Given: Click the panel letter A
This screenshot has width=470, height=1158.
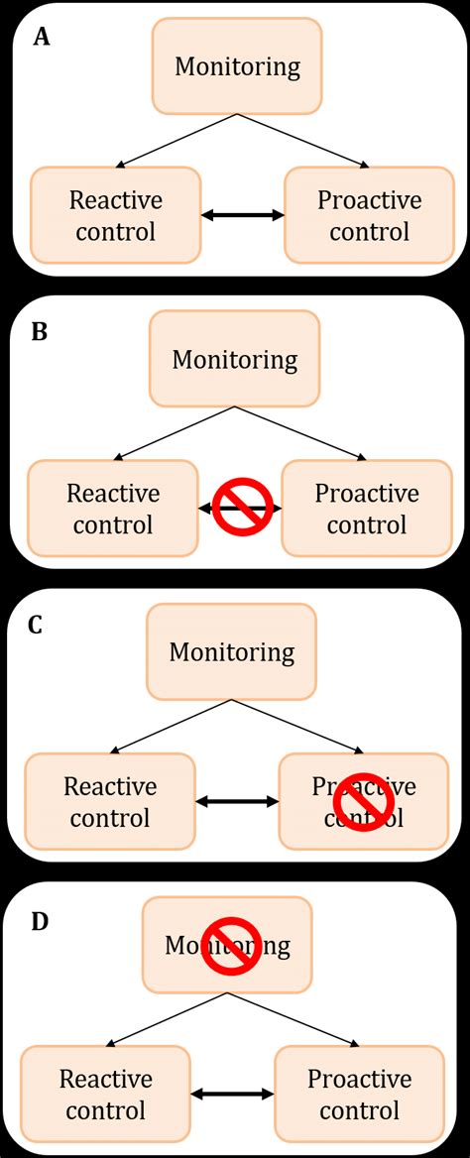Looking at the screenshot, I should point(42,39).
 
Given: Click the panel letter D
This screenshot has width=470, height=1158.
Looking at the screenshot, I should point(40,921).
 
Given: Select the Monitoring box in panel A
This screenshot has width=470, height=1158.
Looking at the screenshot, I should point(237,66).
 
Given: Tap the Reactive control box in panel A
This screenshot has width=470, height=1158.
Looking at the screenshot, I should point(114,215).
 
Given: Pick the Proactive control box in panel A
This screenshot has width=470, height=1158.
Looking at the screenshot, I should point(369,215).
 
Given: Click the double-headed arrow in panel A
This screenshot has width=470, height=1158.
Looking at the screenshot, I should point(243,214).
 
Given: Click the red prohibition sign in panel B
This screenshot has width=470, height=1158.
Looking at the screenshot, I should point(243,507).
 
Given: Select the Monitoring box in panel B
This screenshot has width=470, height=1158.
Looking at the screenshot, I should point(235,359).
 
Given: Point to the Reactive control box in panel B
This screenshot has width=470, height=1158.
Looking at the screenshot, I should point(111,508).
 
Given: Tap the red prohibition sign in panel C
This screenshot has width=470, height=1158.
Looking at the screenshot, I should point(364,800).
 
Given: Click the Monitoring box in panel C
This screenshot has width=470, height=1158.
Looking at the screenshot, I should point(232,652).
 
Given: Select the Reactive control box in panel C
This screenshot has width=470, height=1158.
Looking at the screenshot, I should point(109,801).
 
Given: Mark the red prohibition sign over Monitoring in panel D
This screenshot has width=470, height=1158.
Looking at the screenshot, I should point(231,945).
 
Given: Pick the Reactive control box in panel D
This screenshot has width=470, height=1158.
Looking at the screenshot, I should point(105,1094).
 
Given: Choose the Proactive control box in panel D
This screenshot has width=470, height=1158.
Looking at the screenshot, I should point(359,1094).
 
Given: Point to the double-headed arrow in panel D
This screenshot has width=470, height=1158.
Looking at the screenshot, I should point(232,1094).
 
